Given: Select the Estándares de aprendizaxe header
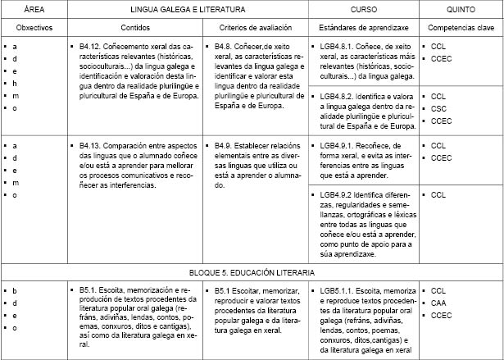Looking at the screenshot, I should click(x=357, y=28).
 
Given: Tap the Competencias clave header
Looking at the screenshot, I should click(x=460, y=28).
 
